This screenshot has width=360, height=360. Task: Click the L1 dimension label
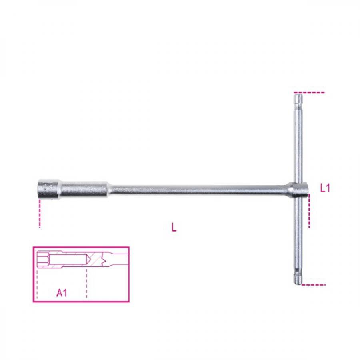tap(325, 188)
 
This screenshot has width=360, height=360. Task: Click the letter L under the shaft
tap(174, 227)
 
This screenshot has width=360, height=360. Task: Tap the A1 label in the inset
tap(62, 293)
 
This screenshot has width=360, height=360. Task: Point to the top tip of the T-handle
tap(298, 93)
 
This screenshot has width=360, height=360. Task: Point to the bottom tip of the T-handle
tap(298, 284)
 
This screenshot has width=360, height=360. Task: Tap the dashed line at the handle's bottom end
tap(314, 285)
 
